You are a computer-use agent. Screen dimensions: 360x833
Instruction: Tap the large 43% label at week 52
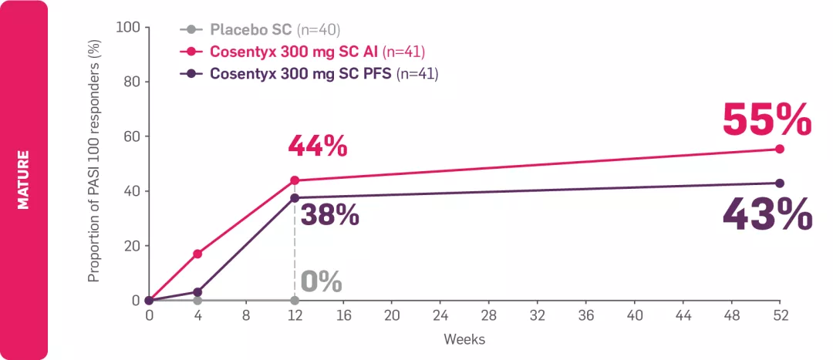pyautogui.click(x=767, y=214)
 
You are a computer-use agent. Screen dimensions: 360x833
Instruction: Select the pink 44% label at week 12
pyautogui.click(x=317, y=146)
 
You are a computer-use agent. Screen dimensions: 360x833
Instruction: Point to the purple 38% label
pyautogui.click(x=329, y=215)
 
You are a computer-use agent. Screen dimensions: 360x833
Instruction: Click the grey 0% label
pyautogui.click(x=320, y=282)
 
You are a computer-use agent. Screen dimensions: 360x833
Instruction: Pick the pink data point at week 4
pyautogui.click(x=197, y=254)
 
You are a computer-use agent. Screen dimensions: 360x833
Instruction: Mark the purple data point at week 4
pyautogui.click(x=197, y=292)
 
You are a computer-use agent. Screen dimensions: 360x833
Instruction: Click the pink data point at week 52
pyautogui.click(x=779, y=149)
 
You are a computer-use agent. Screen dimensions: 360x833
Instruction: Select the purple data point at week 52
pyautogui.click(x=779, y=183)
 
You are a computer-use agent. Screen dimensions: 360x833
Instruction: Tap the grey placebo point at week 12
pyautogui.click(x=295, y=300)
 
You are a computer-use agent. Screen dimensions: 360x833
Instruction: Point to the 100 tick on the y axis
pyautogui.click(x=127, y=28)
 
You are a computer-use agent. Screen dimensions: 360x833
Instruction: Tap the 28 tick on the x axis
pyautogui.click(x=489, y=316)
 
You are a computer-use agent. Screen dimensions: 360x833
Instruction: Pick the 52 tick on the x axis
pyautogui.click(x=779, y=316)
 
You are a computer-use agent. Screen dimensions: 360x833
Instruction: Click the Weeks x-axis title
pyautogui.click(x=464, y=339)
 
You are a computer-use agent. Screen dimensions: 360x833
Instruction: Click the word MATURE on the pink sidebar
pyautogui.click(x=23, y=180)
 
